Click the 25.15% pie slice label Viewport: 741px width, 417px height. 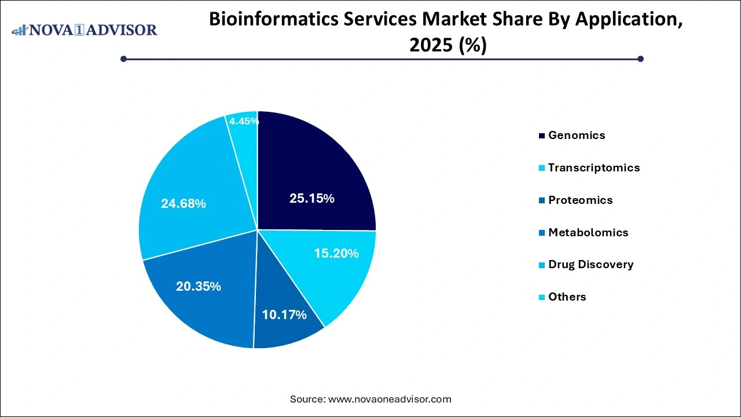pyautogui.click(x=312, y=199)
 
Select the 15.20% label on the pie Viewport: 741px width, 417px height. pyautogui.click(x=336, y=254)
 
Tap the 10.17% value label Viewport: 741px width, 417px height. pyautogui.click(x=284, y=315)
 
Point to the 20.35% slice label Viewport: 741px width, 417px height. pyautogui.click(x=199, y=287)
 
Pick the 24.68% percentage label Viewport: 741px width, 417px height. pyautogui.click(x=184, y=204)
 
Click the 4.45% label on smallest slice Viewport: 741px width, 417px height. pyautogui.click(x=244, y=122)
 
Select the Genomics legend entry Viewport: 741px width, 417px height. pyautogui.click(x=577, y=136)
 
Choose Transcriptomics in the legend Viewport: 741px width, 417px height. pyautogui.click(x=594, y=168)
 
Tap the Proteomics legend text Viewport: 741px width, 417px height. pyautogui.click(x=580, y=200)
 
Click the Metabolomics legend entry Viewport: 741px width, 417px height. pyautogui.click(x=588, y=233)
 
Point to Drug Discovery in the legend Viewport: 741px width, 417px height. pyautogui.click(x=590, y=265)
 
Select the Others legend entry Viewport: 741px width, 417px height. pyautogui.click(x=567, y=297)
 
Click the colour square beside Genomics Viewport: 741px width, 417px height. pyautogui.click(x=542, y=136)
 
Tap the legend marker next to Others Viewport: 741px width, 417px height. pyautogui.click(x=542, y=298)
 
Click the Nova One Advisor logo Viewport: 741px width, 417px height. pyautogui.click(x=85, y=30)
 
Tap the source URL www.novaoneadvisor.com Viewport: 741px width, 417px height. pyautogui.click(x=390, y=399)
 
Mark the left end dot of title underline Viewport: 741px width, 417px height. pyautogui.click(x=123, y=58)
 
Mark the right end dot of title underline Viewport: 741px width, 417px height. pyautogui.click(x=640, y=58)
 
